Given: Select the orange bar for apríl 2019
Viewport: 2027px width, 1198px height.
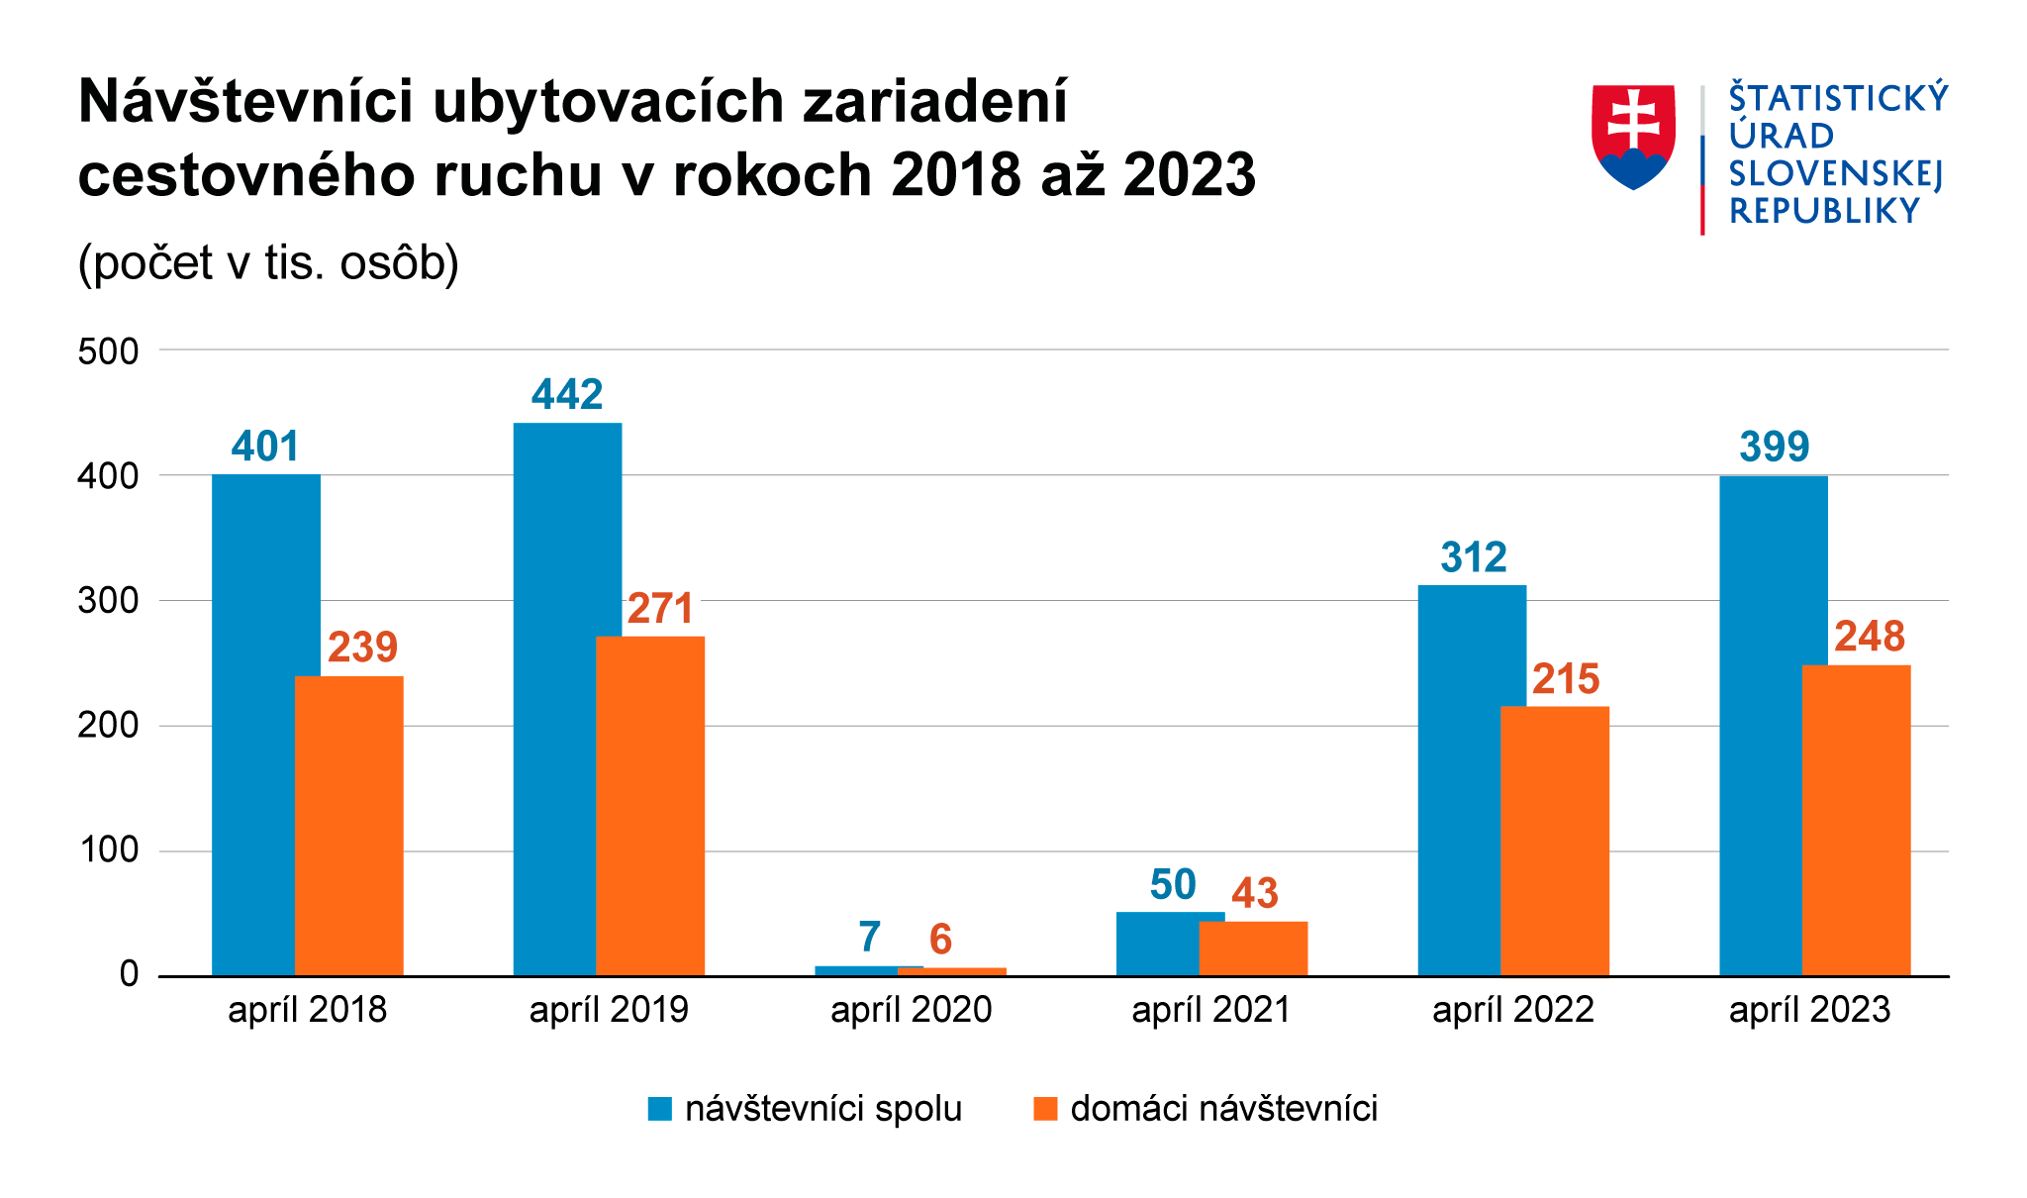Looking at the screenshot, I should click(650, 806).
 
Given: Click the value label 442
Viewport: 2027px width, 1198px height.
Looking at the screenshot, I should click(567, 395).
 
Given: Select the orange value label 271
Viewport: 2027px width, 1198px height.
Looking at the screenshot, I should click(660, 609).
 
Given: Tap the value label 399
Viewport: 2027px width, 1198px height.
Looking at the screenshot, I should click(1774, 448).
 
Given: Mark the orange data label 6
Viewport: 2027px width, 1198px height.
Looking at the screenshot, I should click(940, 939).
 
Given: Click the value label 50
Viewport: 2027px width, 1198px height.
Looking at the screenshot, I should click(1173, 885).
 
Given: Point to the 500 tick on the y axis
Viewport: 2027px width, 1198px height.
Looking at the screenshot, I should click(108, 351).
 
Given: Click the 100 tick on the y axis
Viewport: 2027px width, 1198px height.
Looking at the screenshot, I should click(108, 850).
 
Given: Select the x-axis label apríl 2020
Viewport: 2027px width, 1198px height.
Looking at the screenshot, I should click(911, 1010).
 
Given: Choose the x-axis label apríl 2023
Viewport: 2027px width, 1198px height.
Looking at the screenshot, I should click(1809, 1010).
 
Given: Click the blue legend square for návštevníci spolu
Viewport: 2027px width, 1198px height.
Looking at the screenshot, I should click(660, 1109).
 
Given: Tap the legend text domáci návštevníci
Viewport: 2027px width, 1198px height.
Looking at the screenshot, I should click(1223, 1109).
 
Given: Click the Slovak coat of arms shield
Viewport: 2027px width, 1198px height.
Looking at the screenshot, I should click(1633, 136).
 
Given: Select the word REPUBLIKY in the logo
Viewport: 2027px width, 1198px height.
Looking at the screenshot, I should click(1823, 211).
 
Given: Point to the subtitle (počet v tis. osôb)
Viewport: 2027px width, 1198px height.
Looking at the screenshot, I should click(268, 263).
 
